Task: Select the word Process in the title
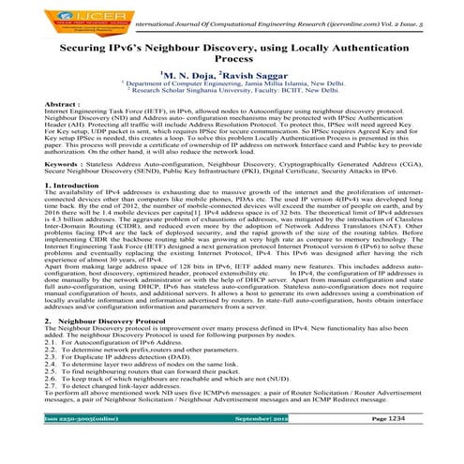(232, 59)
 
